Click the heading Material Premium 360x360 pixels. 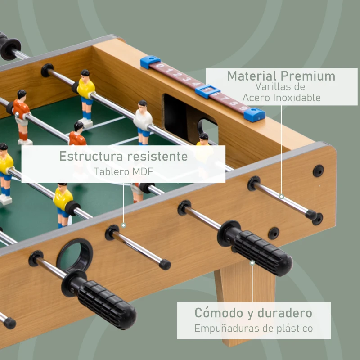point(281,76)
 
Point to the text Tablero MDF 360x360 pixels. point(123,171)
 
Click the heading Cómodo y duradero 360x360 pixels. point(253,312)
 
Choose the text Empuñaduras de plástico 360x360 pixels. point(253,328)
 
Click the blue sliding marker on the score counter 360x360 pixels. point(207,91)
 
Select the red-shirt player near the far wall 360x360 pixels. point(21,115)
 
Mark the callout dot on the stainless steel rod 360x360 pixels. point(281,196)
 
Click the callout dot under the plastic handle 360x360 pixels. point(253,263)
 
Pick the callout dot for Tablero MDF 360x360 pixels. point(123,225)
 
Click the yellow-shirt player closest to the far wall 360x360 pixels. point(85,92)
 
